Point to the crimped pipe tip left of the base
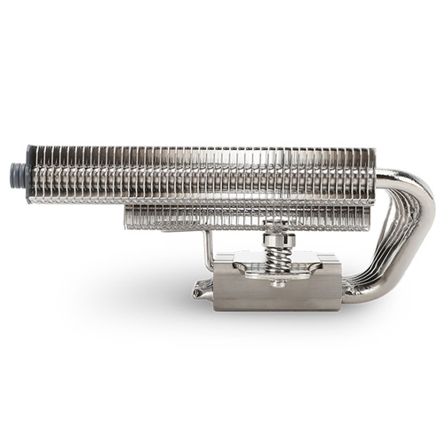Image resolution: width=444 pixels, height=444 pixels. pos(201,287)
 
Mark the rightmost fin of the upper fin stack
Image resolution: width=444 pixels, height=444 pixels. pos(371,173)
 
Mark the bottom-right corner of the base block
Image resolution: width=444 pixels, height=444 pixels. pos(340,308)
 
